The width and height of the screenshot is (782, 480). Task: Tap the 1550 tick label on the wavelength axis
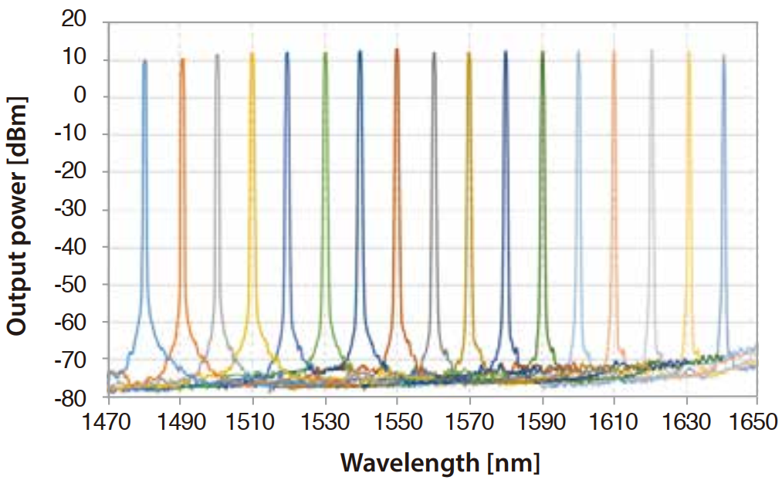pyautogui.click(x=398, y=421)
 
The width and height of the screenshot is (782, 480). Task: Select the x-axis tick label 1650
pyautogui.click(x=755, y=421)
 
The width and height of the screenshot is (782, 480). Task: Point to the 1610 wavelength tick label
pyautogui.click(x=614, y=421)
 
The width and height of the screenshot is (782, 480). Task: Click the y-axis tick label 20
pyautogui.click(x=73, y=19)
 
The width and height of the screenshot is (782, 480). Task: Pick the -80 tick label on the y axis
pyautogui.click(x=70, y=397)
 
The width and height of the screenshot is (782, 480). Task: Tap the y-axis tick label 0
pyautogui.click(x=80, y=95)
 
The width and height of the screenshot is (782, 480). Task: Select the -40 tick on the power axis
pyautogui.click(x=70, y=246)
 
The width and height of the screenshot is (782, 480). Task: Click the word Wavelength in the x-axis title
pyautogui.click(x=409, y=463)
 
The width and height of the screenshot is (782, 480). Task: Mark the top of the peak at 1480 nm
pyautogui.click(x=144, y=60)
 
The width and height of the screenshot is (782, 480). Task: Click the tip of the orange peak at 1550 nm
pyautogui.click(x=397, y=49)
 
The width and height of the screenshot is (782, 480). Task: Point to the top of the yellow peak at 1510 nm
pyautogui.click(x=252, y=52)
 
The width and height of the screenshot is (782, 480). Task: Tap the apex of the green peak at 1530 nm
pyautogui.click(x=325, y=52)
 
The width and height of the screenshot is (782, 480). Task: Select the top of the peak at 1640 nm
pyautogui.click(x=723, y=56)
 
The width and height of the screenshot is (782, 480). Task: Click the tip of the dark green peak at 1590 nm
pyautogui.click(x=543, y=51)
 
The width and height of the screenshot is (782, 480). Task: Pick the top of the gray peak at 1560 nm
pyautogui.click(x=433, y=52)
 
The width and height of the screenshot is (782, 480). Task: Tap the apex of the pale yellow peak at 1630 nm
pyautogui.click(x=689, y=51)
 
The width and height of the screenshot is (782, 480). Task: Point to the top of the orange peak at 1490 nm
pyautogui.click(x=182, y=59)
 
